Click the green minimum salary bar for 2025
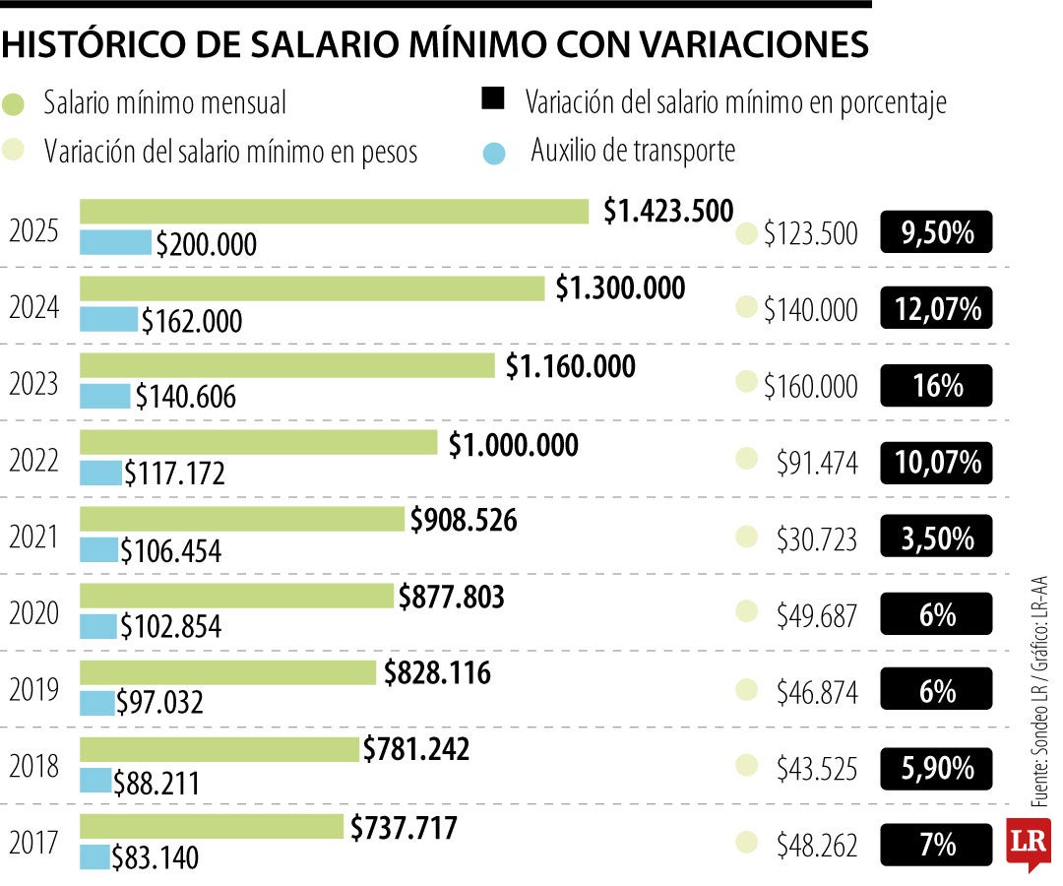334,212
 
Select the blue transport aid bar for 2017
95,857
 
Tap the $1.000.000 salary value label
513,445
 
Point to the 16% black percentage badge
936,386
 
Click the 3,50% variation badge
936,538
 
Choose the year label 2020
34,614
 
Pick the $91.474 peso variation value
816,463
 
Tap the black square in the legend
493,98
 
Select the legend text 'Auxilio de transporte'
633,152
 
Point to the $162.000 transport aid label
191,321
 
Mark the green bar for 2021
242,519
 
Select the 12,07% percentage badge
936,309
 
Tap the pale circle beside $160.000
747,382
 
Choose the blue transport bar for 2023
104,396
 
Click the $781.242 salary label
415,750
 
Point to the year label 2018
34,768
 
